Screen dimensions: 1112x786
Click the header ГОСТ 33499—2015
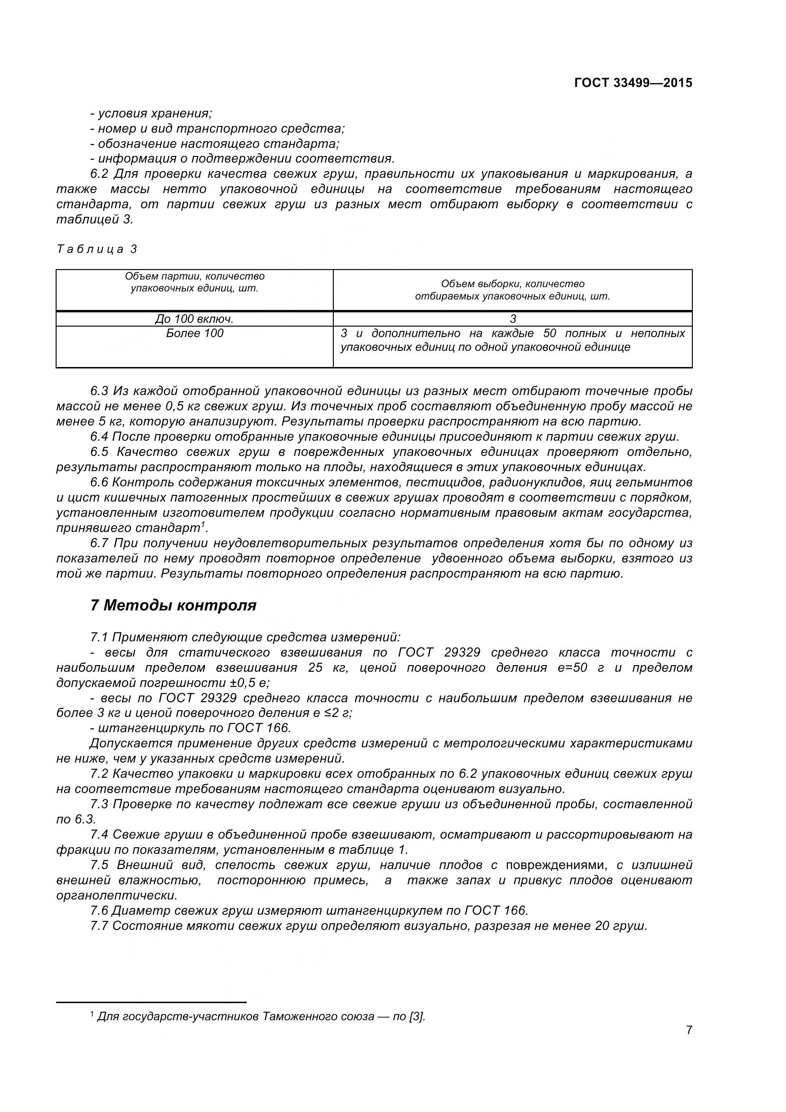[633, 83]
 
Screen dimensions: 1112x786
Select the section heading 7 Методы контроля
[173, 605]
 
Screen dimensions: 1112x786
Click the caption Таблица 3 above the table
[97, 249]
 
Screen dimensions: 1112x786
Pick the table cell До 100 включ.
[194, 319]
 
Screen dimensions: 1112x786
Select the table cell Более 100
[194, 333]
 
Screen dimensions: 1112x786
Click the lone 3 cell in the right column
[513, 319]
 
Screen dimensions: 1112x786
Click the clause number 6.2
[101, 174]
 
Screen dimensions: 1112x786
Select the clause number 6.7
[101, 543]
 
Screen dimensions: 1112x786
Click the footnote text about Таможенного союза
[261, 1016]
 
